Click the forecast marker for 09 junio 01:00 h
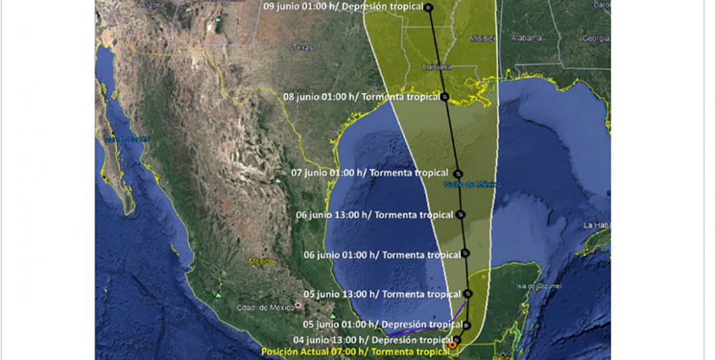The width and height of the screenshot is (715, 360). tap(429, 7)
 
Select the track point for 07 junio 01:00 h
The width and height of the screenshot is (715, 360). tap(457, 173)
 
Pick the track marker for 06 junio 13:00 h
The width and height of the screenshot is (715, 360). tap(461, 215)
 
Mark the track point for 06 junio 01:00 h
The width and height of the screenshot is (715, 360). tap(465, 254)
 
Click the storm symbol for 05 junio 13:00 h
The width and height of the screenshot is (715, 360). tap(468, 293)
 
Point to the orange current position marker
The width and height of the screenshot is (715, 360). tap(453, 345)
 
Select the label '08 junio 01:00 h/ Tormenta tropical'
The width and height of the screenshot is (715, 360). tap(362, 97)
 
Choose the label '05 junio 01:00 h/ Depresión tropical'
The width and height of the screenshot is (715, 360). tap(382, 325)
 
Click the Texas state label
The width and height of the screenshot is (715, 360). tap(303, 48)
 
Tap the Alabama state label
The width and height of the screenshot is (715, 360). tap(526, 38)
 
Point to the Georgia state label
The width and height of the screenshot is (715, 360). tap(595, 39)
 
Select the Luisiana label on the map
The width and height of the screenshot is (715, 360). tap(438, 68)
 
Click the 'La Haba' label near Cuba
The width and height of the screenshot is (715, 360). tap(594, 225)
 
